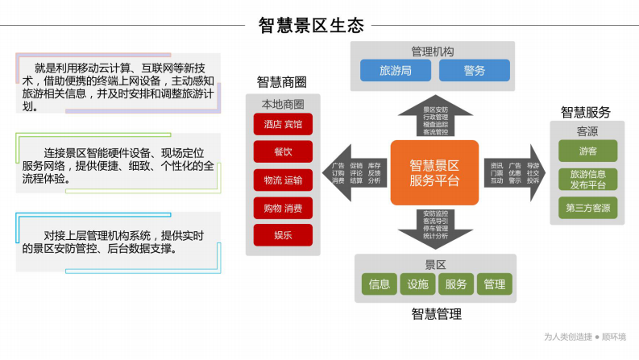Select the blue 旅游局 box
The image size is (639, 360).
tap(395, 71)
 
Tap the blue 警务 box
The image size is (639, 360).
tap(474, 71)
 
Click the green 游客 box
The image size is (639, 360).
tap(587, 151)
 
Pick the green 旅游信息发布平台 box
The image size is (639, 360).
tap(587, 179)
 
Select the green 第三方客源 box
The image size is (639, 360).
tap(587, 208)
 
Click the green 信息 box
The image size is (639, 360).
tap(379, 284)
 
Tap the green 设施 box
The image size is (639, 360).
tap(417, 284)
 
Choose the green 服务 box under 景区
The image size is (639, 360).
tap(455, 284)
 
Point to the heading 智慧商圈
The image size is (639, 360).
tap(281, 82)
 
